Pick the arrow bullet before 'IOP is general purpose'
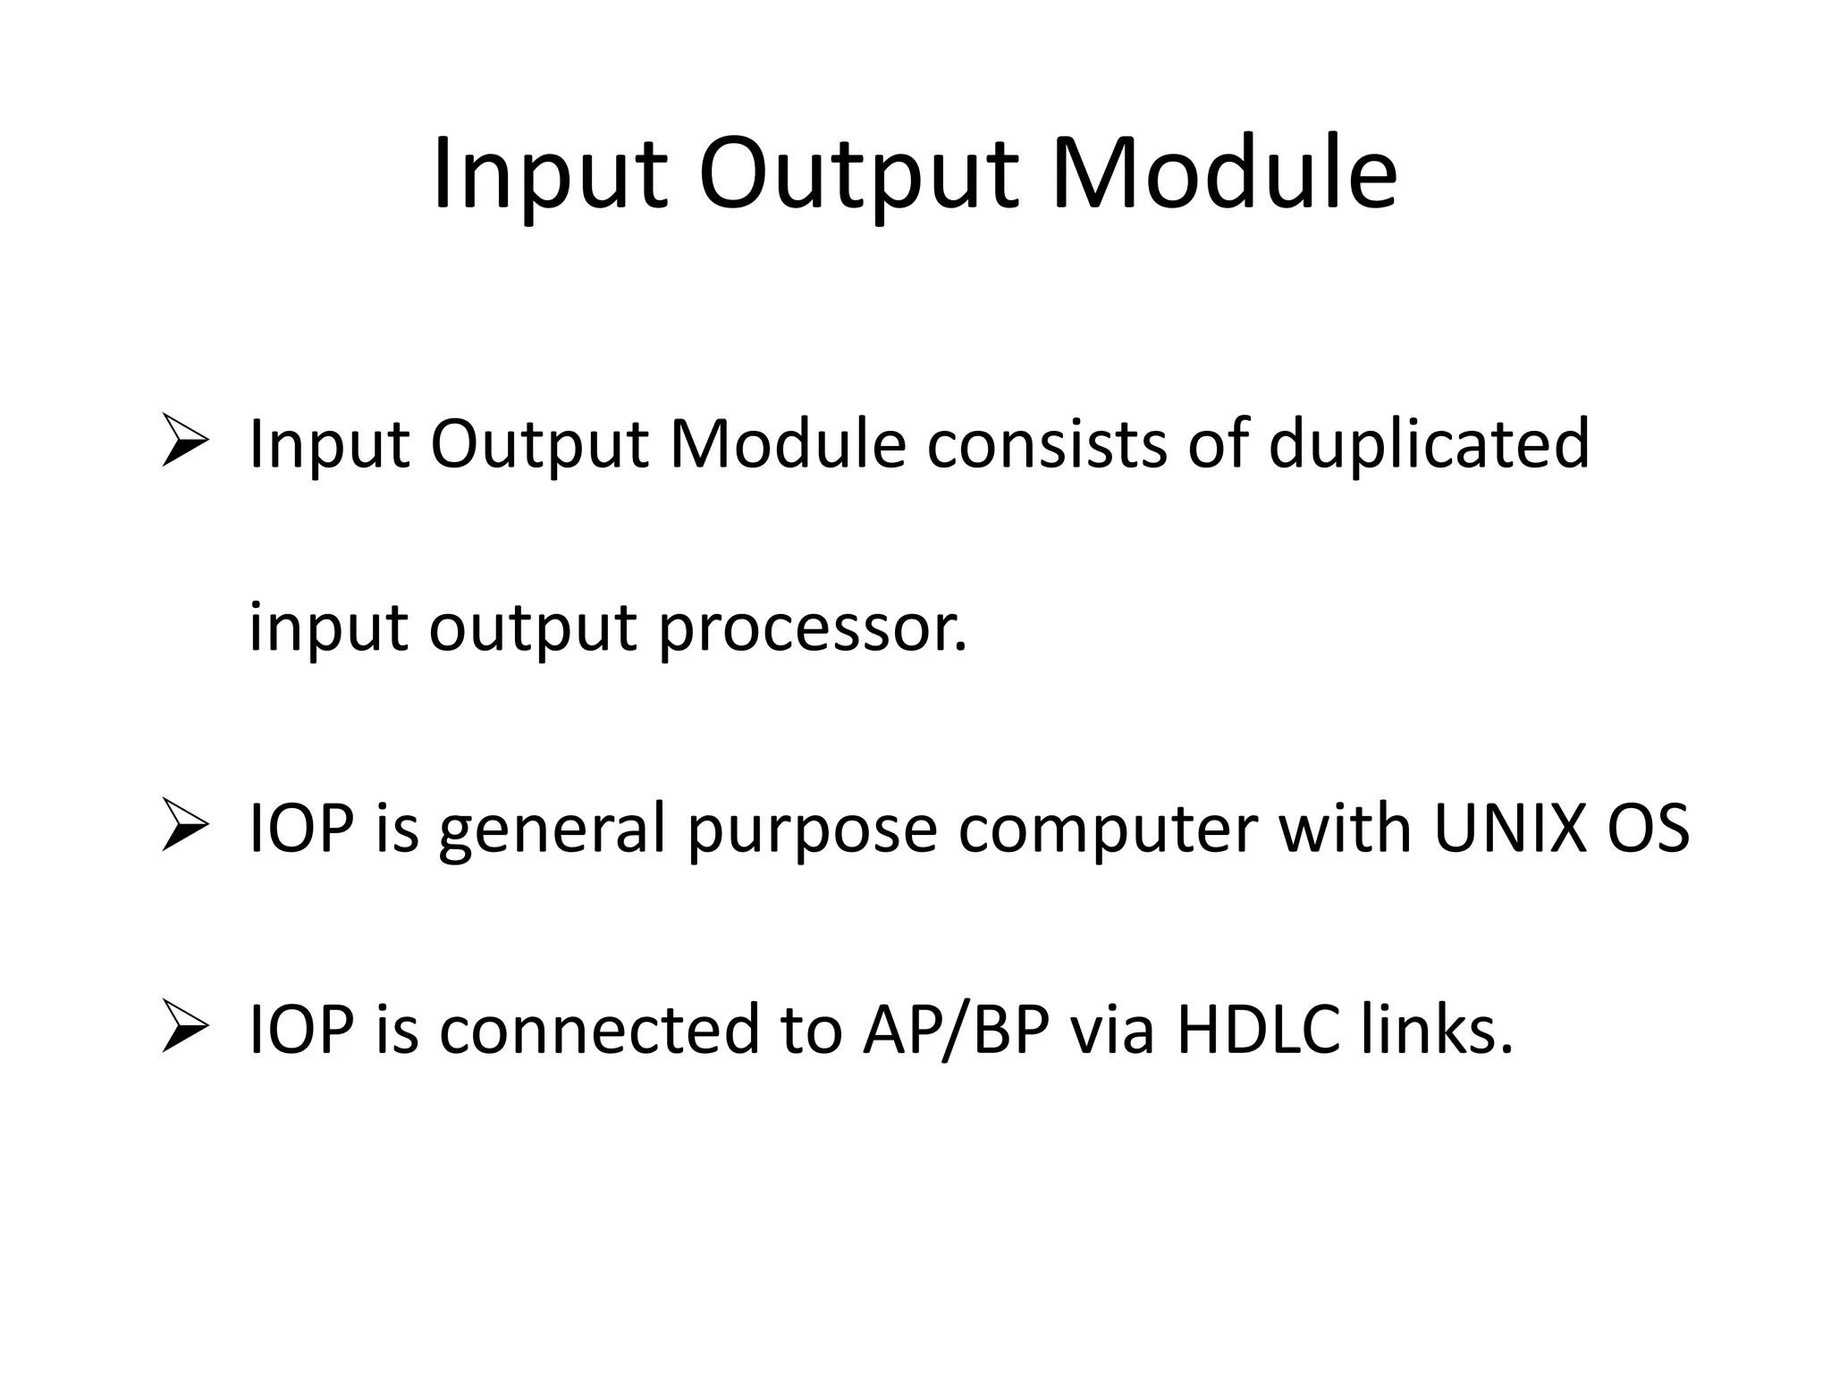[x=185, y=827]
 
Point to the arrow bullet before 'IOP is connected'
[x=185, y=1028]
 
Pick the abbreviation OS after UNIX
[x=1648, y=829]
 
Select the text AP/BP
[x=955, y=1031]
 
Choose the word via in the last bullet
[x=1113, y=1030]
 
